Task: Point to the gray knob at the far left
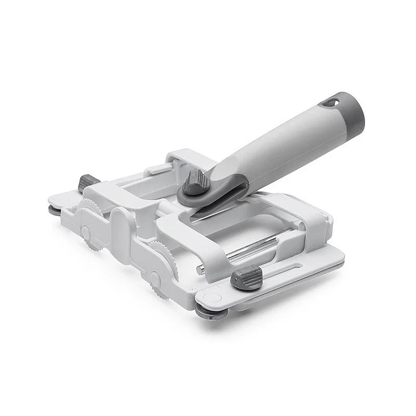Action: tap(89, 183)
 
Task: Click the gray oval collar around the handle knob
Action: tap(211, 193)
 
